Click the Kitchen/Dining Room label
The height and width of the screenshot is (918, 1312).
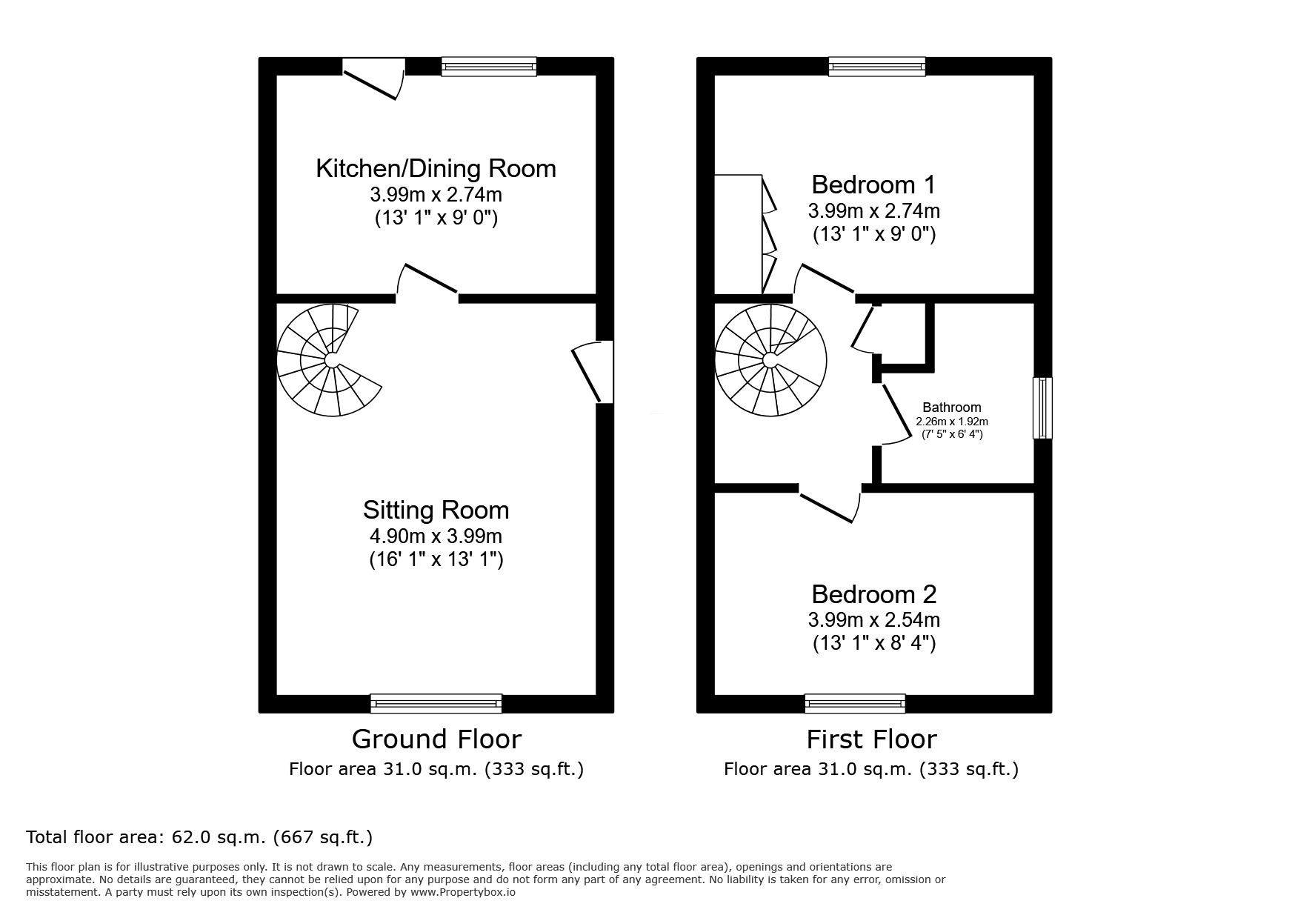436,169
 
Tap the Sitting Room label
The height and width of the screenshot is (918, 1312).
436,510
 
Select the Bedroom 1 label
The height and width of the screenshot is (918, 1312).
873,184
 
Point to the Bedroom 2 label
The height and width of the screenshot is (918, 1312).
873,594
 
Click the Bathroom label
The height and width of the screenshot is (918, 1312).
951,408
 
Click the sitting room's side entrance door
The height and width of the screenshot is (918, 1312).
593,372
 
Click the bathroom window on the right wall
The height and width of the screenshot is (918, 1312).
1042,408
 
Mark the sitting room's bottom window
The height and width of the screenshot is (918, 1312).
436,703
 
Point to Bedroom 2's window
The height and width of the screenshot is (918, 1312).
854,703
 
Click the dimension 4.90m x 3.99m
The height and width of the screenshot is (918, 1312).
436,536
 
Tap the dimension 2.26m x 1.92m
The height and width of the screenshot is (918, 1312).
952,422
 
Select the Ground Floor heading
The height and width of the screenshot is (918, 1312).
436,739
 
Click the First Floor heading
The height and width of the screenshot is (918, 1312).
871,739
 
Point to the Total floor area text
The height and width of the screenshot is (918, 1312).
199,838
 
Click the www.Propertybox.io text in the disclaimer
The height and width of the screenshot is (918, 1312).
462,893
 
